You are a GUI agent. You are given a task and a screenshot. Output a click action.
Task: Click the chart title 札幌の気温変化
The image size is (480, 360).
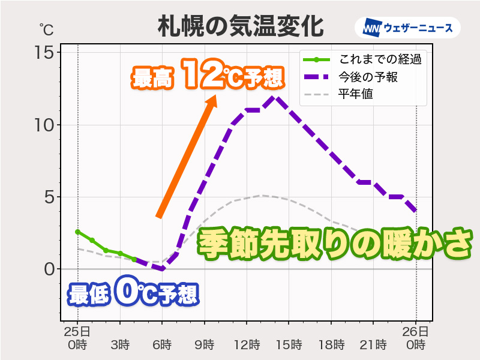pyautogui.click(x=240, y=26)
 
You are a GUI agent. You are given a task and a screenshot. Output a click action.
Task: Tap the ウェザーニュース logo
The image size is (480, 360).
pyautogui.click(x=407, y=28)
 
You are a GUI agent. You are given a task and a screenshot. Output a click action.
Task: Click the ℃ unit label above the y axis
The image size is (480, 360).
pyautogui.click(x=46, y=29)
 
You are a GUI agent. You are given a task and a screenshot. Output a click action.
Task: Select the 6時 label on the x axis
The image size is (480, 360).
pyautogui.click(x=162, y=344)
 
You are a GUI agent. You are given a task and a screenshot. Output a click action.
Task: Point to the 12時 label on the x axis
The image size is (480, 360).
pyautogui.click(x=247, y=344)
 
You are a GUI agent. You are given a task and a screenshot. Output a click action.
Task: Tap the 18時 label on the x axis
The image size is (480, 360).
pyautogui.click(x=331, y=344)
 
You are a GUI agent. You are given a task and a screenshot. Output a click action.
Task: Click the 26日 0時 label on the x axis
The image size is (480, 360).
pyautogui.click(x=416, y=338)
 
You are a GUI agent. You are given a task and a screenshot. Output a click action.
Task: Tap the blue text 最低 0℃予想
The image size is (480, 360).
pyautogui.click(x=133, y=294)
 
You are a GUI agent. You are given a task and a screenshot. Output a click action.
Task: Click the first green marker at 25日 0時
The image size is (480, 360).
pyautogui.click(x=77, y=232)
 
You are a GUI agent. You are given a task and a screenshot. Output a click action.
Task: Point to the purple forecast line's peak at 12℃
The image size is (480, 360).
pyautogui.click(x=275, y=97)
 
